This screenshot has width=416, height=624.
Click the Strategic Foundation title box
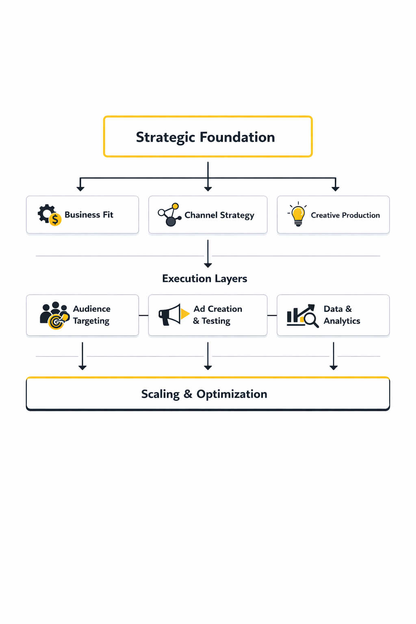(x=208, y=136)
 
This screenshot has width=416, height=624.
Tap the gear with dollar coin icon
(x=49, y=214)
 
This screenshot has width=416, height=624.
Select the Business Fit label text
(x=89, y=214)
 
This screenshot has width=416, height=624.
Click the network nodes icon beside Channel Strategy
(x=169, y=214)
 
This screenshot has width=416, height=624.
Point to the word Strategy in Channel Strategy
(x=237, y=215)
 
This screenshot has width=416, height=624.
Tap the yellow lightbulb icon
(x=298, y=214)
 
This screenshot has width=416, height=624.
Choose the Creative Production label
(x=345, y=215)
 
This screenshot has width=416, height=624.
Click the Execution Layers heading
(x=204, y=279)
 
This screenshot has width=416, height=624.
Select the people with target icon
(x=54, y=315)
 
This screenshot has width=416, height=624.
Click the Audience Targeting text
(x=91, y=315)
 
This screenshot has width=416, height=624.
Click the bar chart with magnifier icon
(x=302, y=315)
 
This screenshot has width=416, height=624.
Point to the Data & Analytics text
(x=341, y=315)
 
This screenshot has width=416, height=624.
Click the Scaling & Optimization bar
(x=208, y=394)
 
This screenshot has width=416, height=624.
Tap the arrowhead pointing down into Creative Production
(x=335, y=188)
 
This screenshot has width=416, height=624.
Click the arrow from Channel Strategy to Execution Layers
(x=208, y=253)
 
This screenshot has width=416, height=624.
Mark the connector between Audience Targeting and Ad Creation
(x=143, y=315)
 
